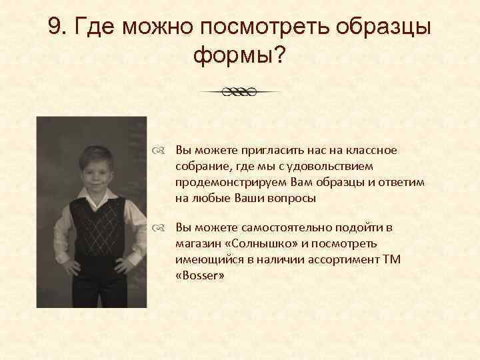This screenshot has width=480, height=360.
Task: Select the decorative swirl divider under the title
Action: (x=240, y=91)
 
